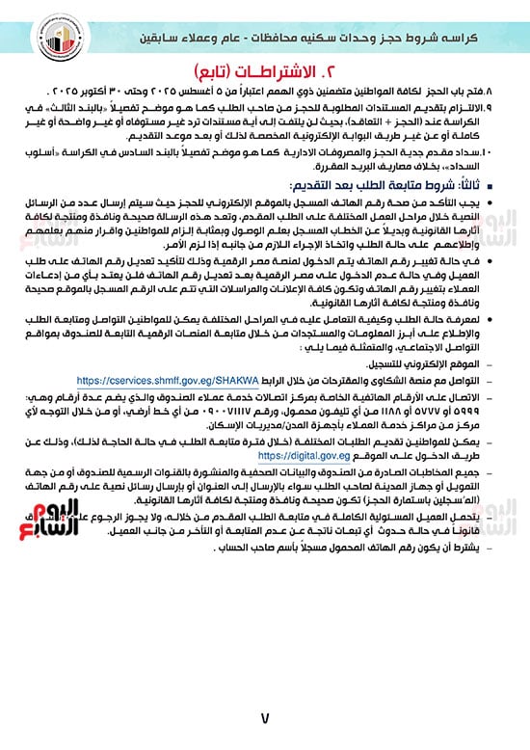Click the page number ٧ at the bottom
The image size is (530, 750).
tap(264, 717)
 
